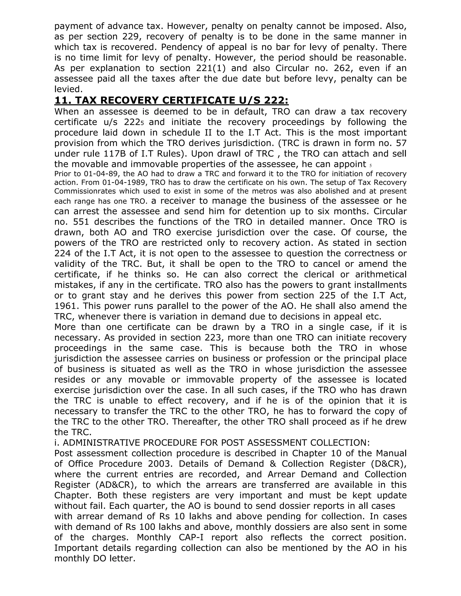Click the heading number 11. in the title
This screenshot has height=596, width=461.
[x=63, y=101]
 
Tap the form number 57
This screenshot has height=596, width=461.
[x=401, y=143]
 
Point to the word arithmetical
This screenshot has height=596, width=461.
[x=381, y=274]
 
